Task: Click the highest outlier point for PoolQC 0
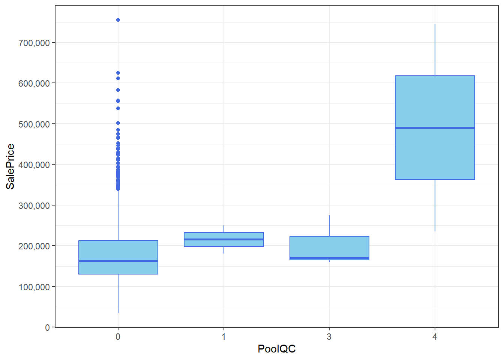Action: [x=118, y=20]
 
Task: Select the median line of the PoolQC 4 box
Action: [x=435, y=128]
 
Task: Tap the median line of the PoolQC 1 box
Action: [x=224, y=239]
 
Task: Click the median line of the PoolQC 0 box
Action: [x=118, y=261]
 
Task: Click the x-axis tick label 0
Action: [x=118, y=337]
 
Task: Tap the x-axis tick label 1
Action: [x=224, y=337]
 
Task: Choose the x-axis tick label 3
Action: [x=329, y=337]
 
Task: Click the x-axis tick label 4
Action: [x=435, y=337]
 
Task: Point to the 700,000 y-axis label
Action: [x=34, y=43]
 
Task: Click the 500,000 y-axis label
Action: [x=34, y=124]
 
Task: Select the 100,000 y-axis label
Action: [x=34, y=287]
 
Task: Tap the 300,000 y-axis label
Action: [x=34, y=205]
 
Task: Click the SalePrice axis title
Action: [x=10, y=166]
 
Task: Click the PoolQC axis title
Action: [x=277, y=349]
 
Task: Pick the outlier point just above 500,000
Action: [x=118, y=123]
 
